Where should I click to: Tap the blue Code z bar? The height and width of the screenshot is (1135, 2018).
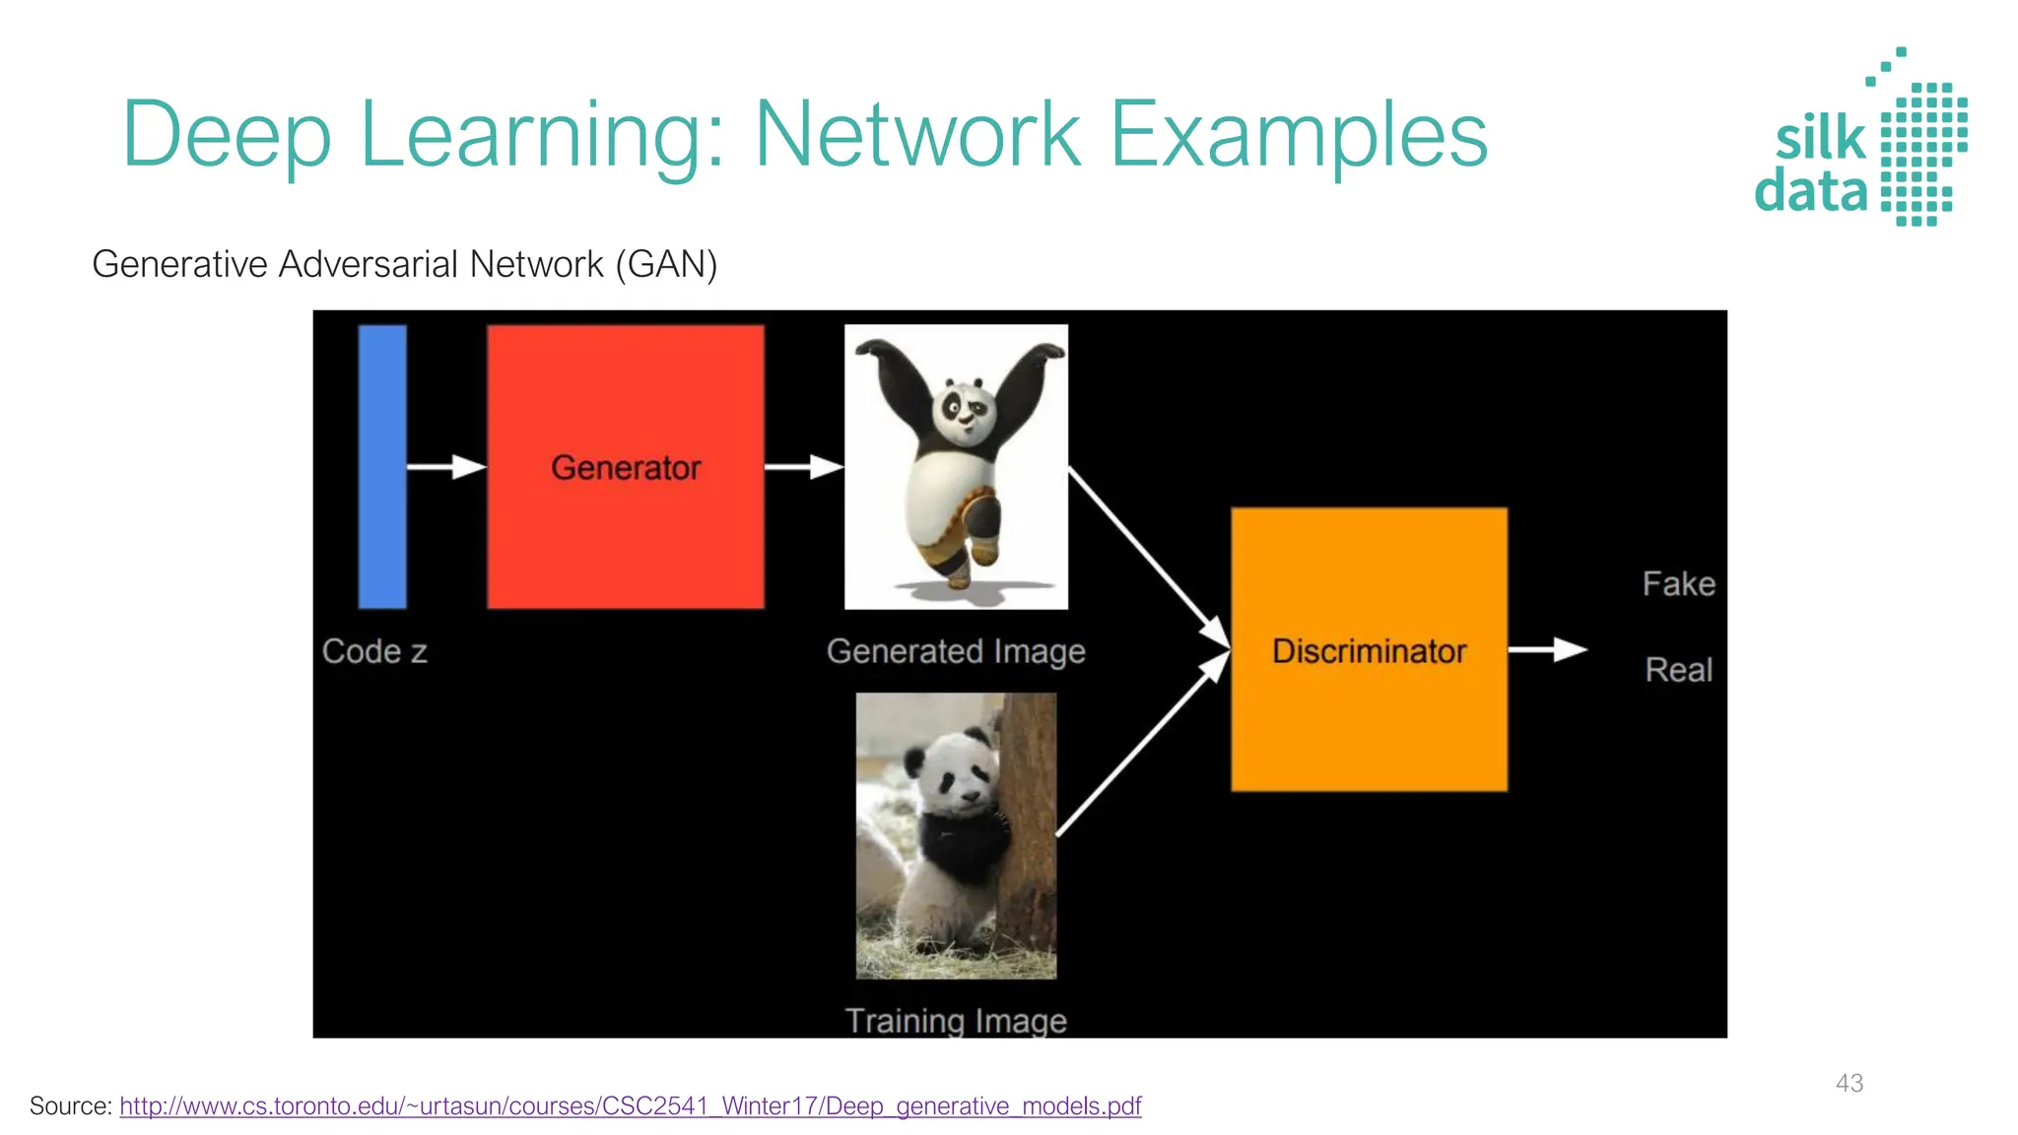coord(382,466)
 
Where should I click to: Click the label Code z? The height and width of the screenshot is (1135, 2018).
coord(374,651)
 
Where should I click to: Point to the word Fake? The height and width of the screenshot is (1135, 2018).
coord(1678,584)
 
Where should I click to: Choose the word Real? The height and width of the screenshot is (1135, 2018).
coord(1678,670)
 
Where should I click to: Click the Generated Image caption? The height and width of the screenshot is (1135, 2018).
coord(955,651)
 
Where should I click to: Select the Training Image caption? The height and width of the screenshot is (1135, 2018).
coord(955,1021)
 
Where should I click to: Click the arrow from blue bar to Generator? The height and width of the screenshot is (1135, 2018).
coord(446,466)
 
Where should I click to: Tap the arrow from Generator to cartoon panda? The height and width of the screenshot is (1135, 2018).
coord(804,466)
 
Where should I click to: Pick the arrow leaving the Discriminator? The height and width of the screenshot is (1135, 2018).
coord(1547,649)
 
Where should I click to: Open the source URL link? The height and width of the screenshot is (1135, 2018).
coord(631,1106)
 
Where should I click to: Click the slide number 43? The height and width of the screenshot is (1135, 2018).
coord(1849,1083)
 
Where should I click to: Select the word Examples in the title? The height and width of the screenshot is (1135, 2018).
coord(1299,135)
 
